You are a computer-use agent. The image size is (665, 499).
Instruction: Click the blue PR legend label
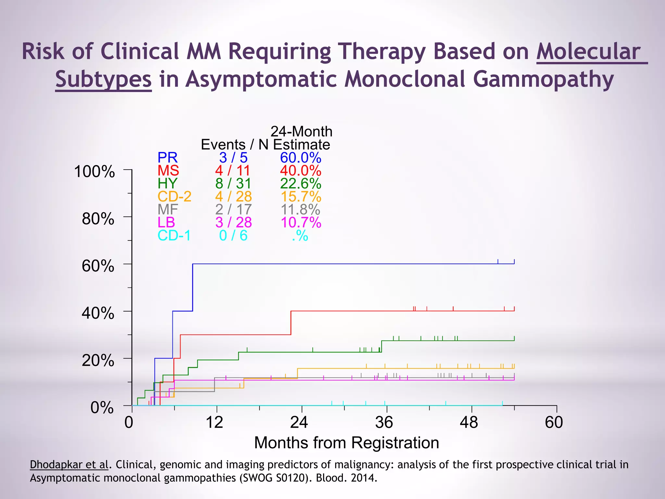[x=168, y=158]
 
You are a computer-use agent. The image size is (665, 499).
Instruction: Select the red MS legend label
[x=168, y=171]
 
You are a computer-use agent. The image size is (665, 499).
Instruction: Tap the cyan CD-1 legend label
[x=174, y=236]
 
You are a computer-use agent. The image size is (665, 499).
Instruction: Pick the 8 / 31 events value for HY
[x=233, y=184]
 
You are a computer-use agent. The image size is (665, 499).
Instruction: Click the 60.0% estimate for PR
[x=301, y=158]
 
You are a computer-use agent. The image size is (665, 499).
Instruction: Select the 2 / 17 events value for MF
[x=233, y=210]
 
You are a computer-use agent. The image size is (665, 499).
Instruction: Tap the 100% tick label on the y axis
[x=94, y=172]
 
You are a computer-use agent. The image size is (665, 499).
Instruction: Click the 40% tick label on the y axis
[x=98, y=313]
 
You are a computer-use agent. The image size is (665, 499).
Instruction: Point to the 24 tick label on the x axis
[x=299, y=422]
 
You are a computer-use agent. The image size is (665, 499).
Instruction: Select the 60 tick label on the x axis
[x=554, y=422]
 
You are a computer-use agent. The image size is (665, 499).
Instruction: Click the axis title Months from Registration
[x=346, y=442]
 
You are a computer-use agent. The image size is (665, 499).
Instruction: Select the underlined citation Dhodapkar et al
[x=69, y=465]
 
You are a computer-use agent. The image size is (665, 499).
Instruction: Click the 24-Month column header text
[x=301, y=132]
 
